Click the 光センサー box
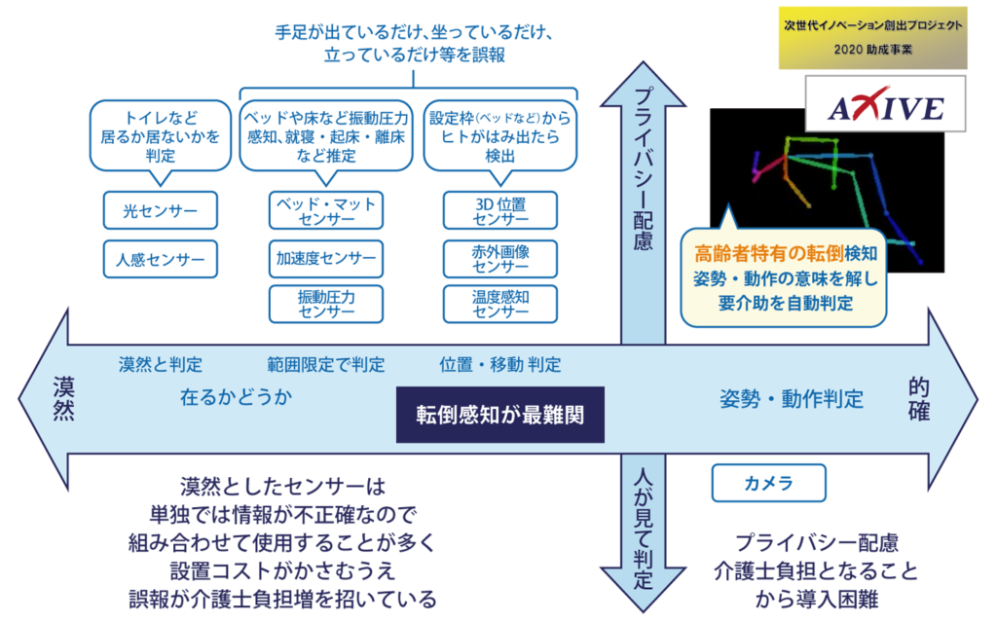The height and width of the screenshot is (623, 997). pyautogui.click(x=160, y=209)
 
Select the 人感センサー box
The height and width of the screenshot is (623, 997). pyautogui.click(x=160, y=260)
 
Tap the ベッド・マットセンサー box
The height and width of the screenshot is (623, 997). pyautogui.click(x=326, y=210)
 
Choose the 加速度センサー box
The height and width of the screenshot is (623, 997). pyautogui.click(x=326, y=258)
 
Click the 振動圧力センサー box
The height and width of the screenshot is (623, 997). pyautogui.click(x=326, y=304)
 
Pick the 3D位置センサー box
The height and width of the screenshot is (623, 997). pyautogui.click(x=499, y=210)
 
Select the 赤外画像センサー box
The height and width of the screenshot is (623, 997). pyautogui.click(x=499, y=258)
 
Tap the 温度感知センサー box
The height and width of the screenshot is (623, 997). pyautogui.click(x=499, y=304)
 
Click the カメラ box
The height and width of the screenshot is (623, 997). pyautogui.click(x=768, y=482)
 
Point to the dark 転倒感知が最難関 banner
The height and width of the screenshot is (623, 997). pyautogui.click(x=499, y=414)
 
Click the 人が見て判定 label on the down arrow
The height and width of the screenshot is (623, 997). pyautogui.click(x=643, y=531)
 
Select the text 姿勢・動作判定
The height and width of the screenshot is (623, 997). pyautogui.click(x=791, y=398)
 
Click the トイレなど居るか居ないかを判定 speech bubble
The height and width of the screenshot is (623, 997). pyautogui.click(x=161, y=136)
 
